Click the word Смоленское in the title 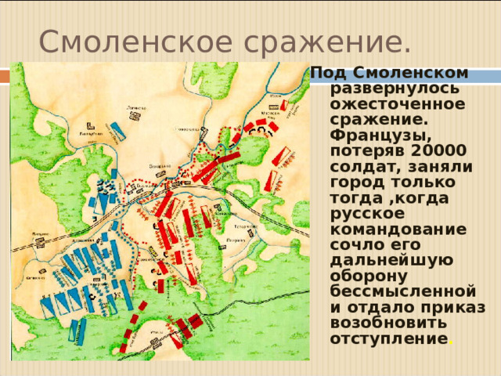click(117, 39)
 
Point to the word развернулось click(384, 89)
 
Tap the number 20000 click(438, 151)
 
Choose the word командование click(398, 230)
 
